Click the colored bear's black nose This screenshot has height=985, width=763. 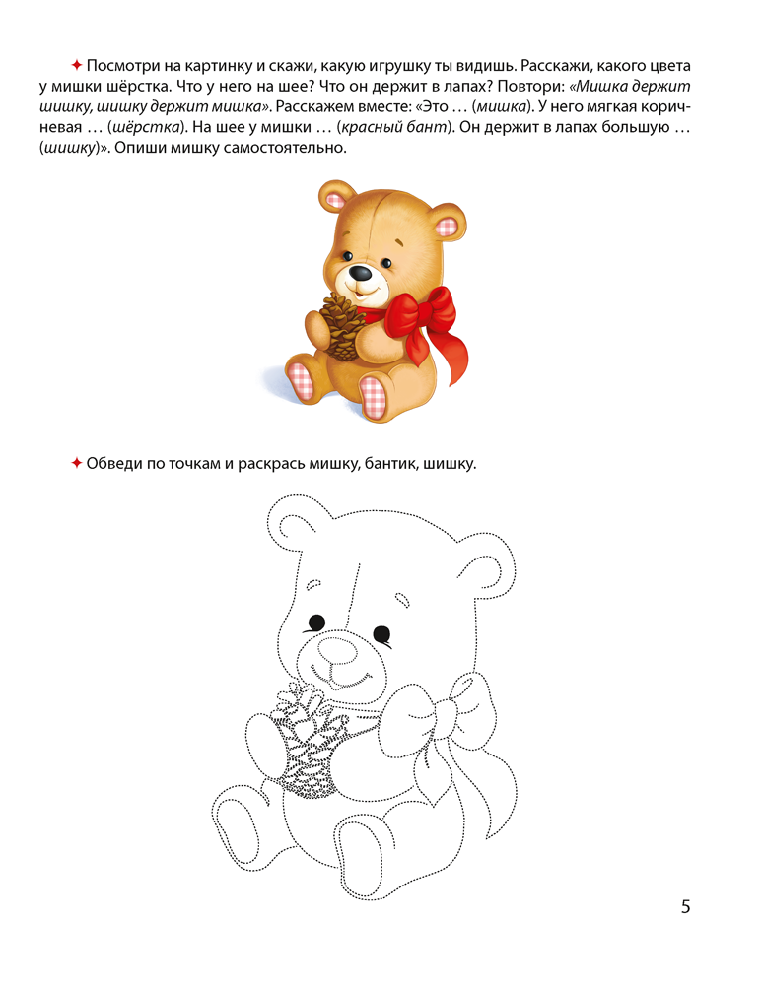coord(362,273)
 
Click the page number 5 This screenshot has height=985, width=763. coord(685,906)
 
